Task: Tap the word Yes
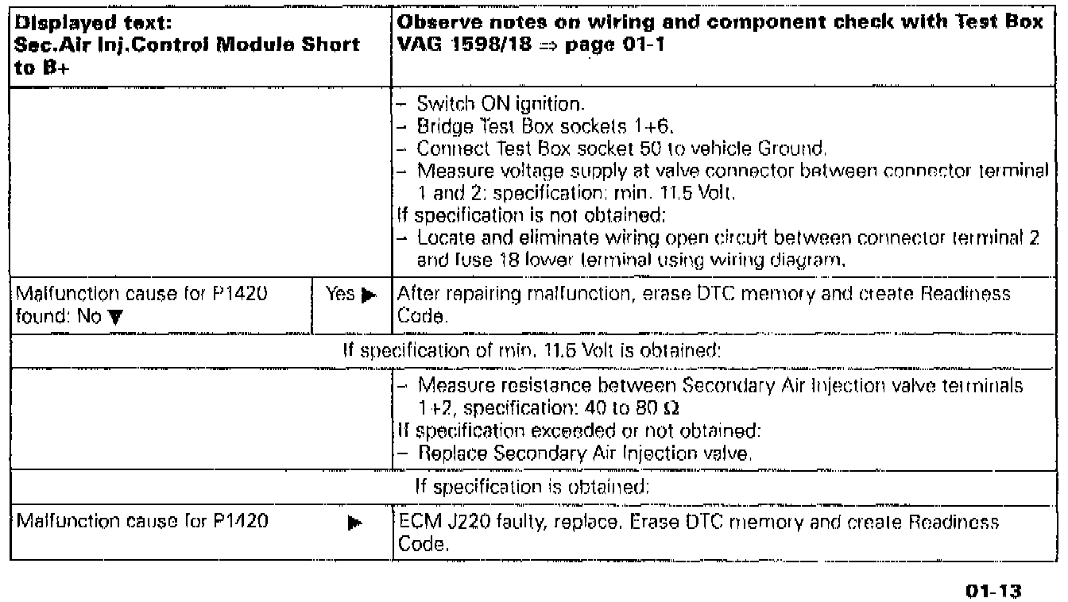[339, 295]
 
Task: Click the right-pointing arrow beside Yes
[367, 295]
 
